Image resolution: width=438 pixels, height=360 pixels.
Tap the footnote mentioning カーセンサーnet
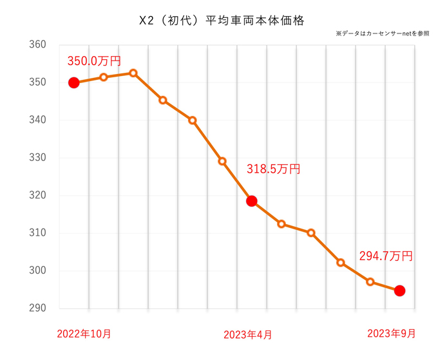[382, 33]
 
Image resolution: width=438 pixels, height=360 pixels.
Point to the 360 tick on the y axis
[37, 45]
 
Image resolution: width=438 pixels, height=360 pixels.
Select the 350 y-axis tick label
[37, 82]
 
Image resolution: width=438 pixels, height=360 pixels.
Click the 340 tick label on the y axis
[37, 120]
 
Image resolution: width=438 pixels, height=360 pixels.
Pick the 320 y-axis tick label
[37, 195]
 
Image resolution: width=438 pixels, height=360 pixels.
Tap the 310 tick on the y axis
[37, 233]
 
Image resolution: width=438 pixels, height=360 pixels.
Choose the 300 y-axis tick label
[37, 270]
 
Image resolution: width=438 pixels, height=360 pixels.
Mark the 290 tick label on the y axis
[37, 308]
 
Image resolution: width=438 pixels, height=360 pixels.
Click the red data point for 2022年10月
[73, 82]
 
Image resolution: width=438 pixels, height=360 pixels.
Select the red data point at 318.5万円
[252, 201]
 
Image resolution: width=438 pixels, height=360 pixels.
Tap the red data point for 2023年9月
[399, 290]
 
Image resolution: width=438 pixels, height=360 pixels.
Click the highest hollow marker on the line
[133, 73]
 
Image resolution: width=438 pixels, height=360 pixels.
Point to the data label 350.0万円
[94, 61]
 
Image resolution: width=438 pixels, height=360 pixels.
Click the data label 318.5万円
[273, 169]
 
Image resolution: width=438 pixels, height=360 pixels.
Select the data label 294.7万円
[385, 256]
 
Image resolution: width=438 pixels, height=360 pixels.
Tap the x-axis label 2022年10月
[84, 334]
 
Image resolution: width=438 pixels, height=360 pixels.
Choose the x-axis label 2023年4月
[247, 334]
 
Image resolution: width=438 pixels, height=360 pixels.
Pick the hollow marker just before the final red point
[370, 281]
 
